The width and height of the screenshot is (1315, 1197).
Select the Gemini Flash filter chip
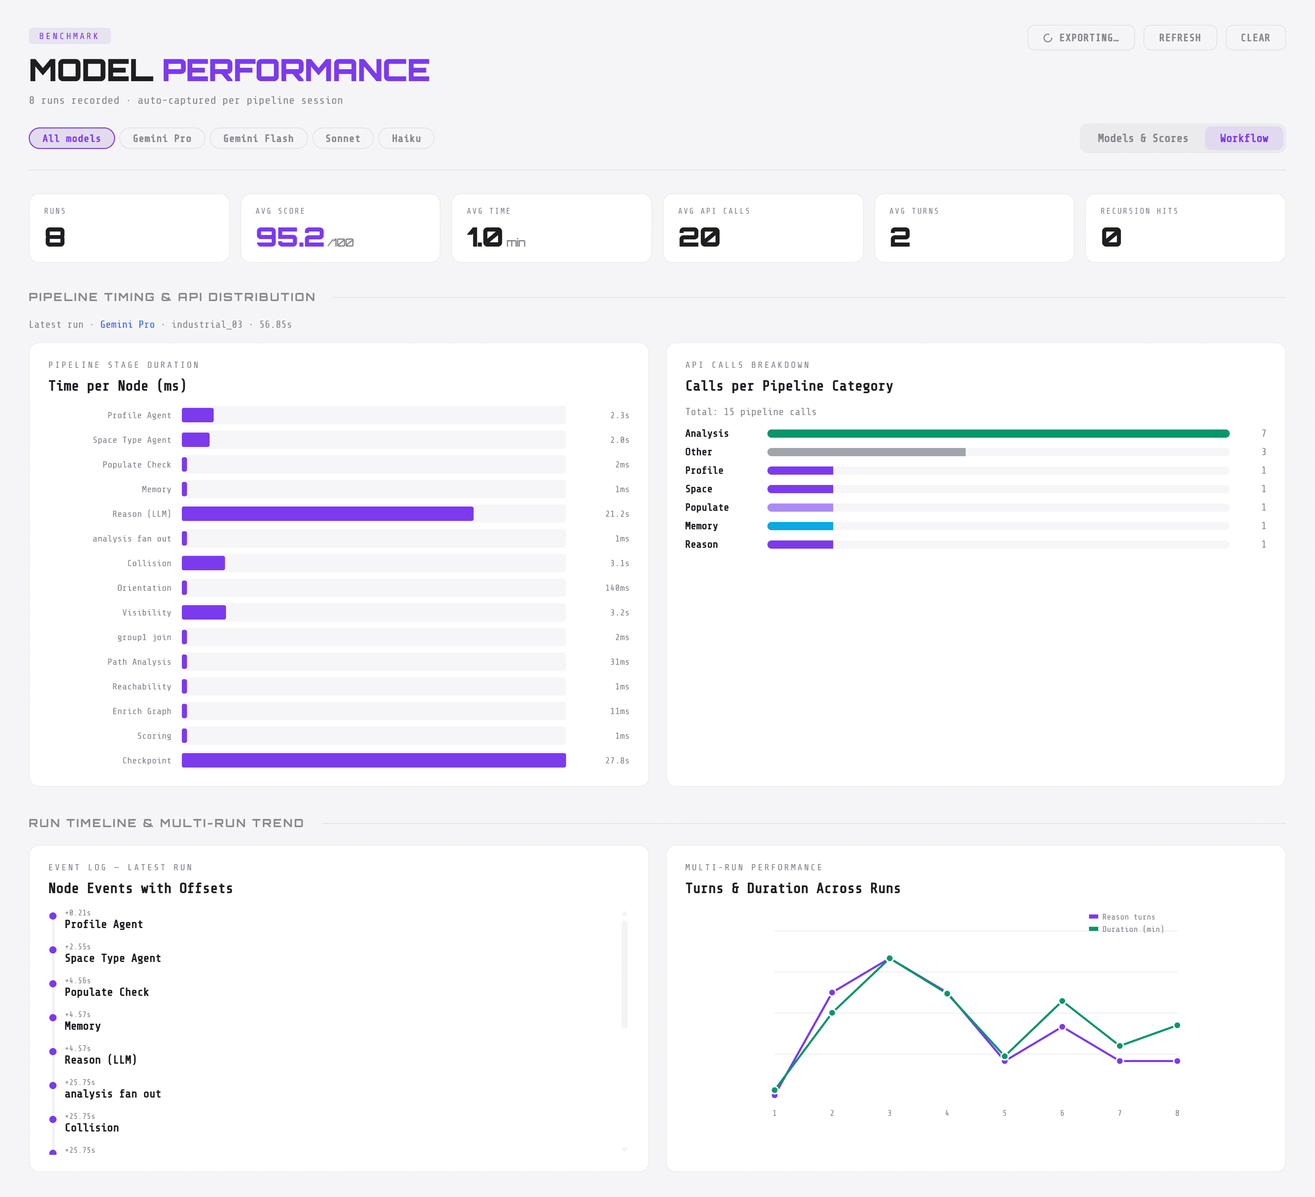[x=258, y=138]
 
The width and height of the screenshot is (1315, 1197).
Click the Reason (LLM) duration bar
[x=327, y=514]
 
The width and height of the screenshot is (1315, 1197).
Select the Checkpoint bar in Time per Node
[x=374, y=761]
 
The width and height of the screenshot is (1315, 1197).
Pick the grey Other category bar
[x=866, y=452]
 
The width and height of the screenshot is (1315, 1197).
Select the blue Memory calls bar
[x=800, y=526]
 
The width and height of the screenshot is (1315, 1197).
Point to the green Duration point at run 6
[x=1062, y=1001]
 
